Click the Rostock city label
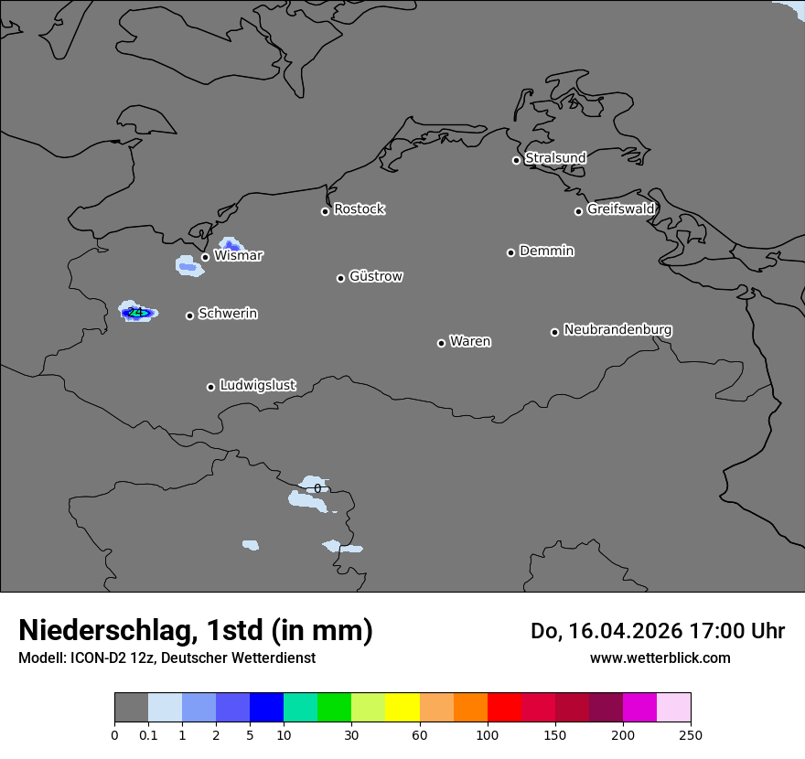point(359,209)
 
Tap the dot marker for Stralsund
point(516,160)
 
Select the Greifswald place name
point(620,209)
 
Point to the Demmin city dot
point(510,252)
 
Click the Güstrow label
point(376,276)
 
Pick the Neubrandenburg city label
point(617,329)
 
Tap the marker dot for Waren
point(441,343)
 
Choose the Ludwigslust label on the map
point(257,385)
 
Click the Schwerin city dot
point(189,315)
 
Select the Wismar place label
point(238,256)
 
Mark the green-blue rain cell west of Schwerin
point(137,313)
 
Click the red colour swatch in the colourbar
point(504,708)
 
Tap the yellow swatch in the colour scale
point(402,708)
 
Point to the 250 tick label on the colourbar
point(691,734)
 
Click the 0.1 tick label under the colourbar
point(148,734)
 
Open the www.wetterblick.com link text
point(660,657)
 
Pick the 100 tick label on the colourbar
point(488,734)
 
